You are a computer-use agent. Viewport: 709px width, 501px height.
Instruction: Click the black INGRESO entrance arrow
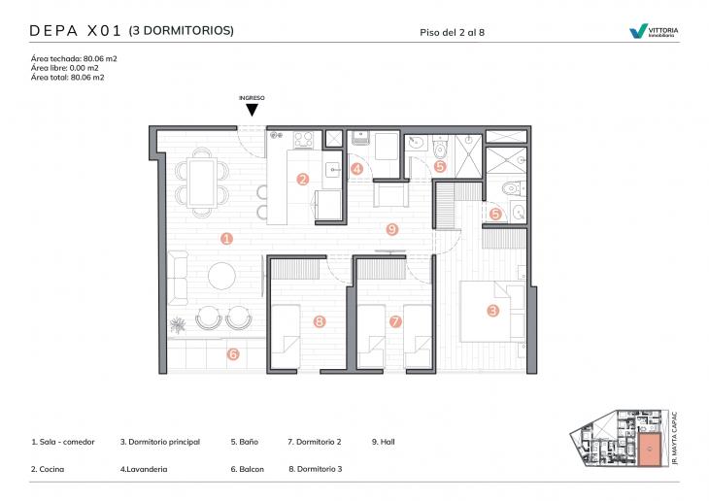[x=252, y=111]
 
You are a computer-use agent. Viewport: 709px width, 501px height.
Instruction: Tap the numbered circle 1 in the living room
[x=225, y=238]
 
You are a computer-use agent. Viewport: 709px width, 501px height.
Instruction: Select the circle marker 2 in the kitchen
[x=303, y=179]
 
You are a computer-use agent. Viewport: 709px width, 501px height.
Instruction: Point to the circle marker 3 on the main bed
[x=493, y=311]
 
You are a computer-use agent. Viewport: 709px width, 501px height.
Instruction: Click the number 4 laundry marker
[x=357, y=169]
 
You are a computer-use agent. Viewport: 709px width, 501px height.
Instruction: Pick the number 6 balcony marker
[x=233, y=354]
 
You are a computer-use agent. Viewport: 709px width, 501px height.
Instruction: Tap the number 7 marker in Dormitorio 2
[x=394, y=321]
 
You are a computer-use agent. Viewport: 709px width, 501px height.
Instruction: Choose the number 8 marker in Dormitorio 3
[x=319, y=321]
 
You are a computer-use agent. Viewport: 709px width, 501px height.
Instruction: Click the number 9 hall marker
[x=391, y=230]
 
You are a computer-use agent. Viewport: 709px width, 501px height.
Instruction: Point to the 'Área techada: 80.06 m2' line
[x=74, y=58]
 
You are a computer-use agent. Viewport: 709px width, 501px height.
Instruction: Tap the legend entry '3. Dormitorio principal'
[x=160, y=442]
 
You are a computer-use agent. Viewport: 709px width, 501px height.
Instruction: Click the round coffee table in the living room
[x=222, y=276]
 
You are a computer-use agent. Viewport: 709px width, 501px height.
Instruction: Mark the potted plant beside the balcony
[x=179, y=323]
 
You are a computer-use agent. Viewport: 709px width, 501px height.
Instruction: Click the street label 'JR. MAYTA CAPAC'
[x=676, y=438]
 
